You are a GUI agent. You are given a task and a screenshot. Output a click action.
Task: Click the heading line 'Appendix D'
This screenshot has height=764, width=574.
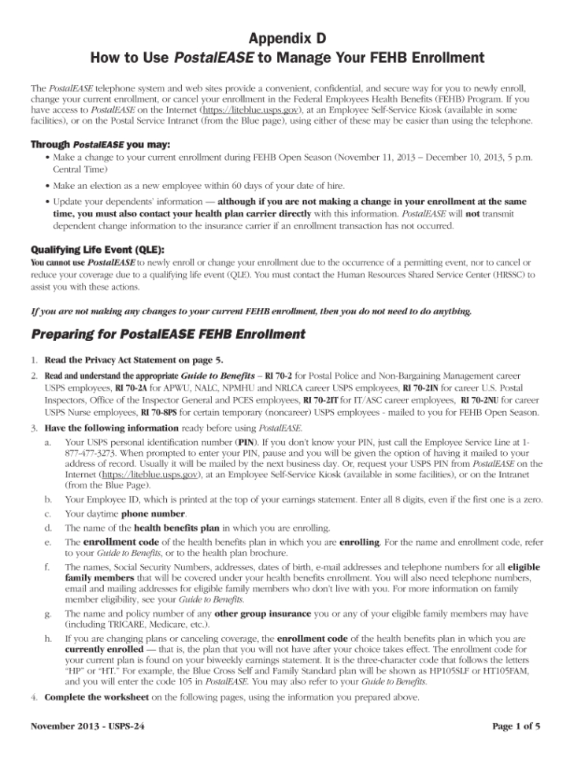click(287, 39)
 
